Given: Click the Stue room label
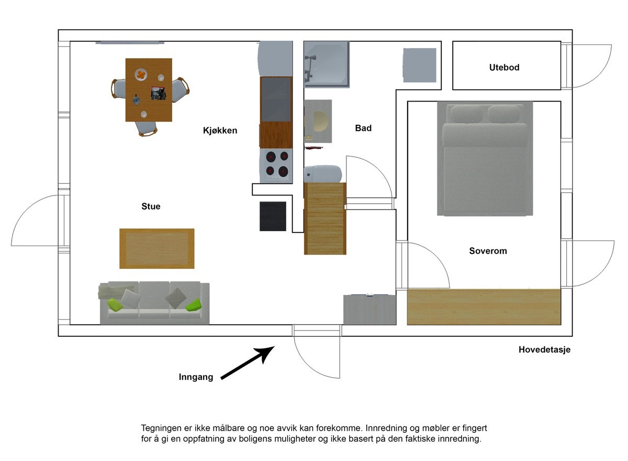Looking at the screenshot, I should (x=151, y=206).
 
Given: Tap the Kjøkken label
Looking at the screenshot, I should (x=220, y=130).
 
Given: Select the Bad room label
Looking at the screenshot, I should (x=363, y=128).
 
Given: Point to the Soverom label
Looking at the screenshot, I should (x=488, y=251).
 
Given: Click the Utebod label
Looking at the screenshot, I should (x=504, y=67).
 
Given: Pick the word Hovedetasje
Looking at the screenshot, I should (x=544, y=350).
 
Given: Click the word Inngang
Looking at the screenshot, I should (x=196, y=377).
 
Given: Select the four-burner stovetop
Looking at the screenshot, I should (x=276, y=164).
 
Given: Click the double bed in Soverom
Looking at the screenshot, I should (x=485, y=159).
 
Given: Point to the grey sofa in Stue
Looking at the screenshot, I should (x=154, y=303).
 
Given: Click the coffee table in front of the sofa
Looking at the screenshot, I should (x=156, y=248).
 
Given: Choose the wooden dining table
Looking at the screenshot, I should (x=149, y=90).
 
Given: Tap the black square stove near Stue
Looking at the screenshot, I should (x=273, y=216).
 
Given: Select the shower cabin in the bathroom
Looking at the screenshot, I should (x=326, y=64).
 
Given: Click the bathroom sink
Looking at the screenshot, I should (x=319, y=121).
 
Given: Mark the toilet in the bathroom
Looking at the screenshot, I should (x=323, y=173).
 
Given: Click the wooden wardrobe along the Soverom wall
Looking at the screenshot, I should (x=484, y=306).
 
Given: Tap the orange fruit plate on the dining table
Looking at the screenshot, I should (x=141, y=75).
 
